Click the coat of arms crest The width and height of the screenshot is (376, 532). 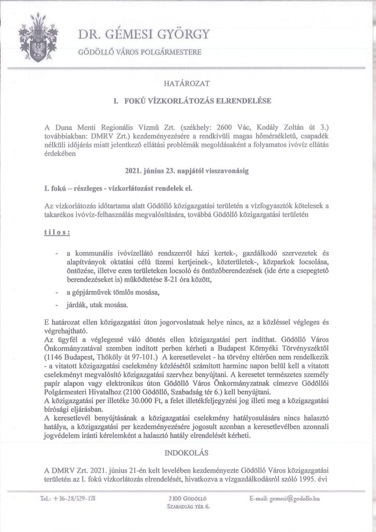pos(38,40)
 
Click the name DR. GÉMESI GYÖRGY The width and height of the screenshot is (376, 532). pos(144,35)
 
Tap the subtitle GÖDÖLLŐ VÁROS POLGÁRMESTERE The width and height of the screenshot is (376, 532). pos(138,53)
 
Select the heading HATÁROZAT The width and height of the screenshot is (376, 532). pos(188,83)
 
